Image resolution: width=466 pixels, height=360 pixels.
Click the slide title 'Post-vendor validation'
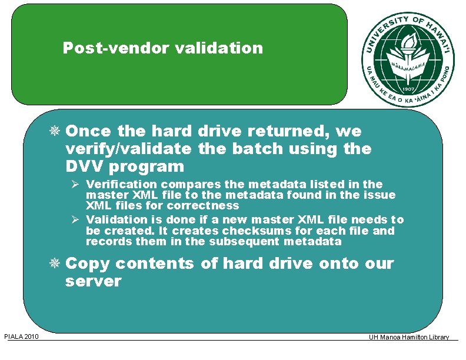point(163,48)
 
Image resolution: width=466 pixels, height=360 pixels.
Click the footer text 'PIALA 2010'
point(21,336)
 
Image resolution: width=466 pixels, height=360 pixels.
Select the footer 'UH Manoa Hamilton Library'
point(409,337)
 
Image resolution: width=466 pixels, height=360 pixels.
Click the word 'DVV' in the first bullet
point(84,166)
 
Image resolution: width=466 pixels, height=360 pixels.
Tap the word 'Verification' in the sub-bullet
point(122,184)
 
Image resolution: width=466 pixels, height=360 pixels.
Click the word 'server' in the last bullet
point(93,281)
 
